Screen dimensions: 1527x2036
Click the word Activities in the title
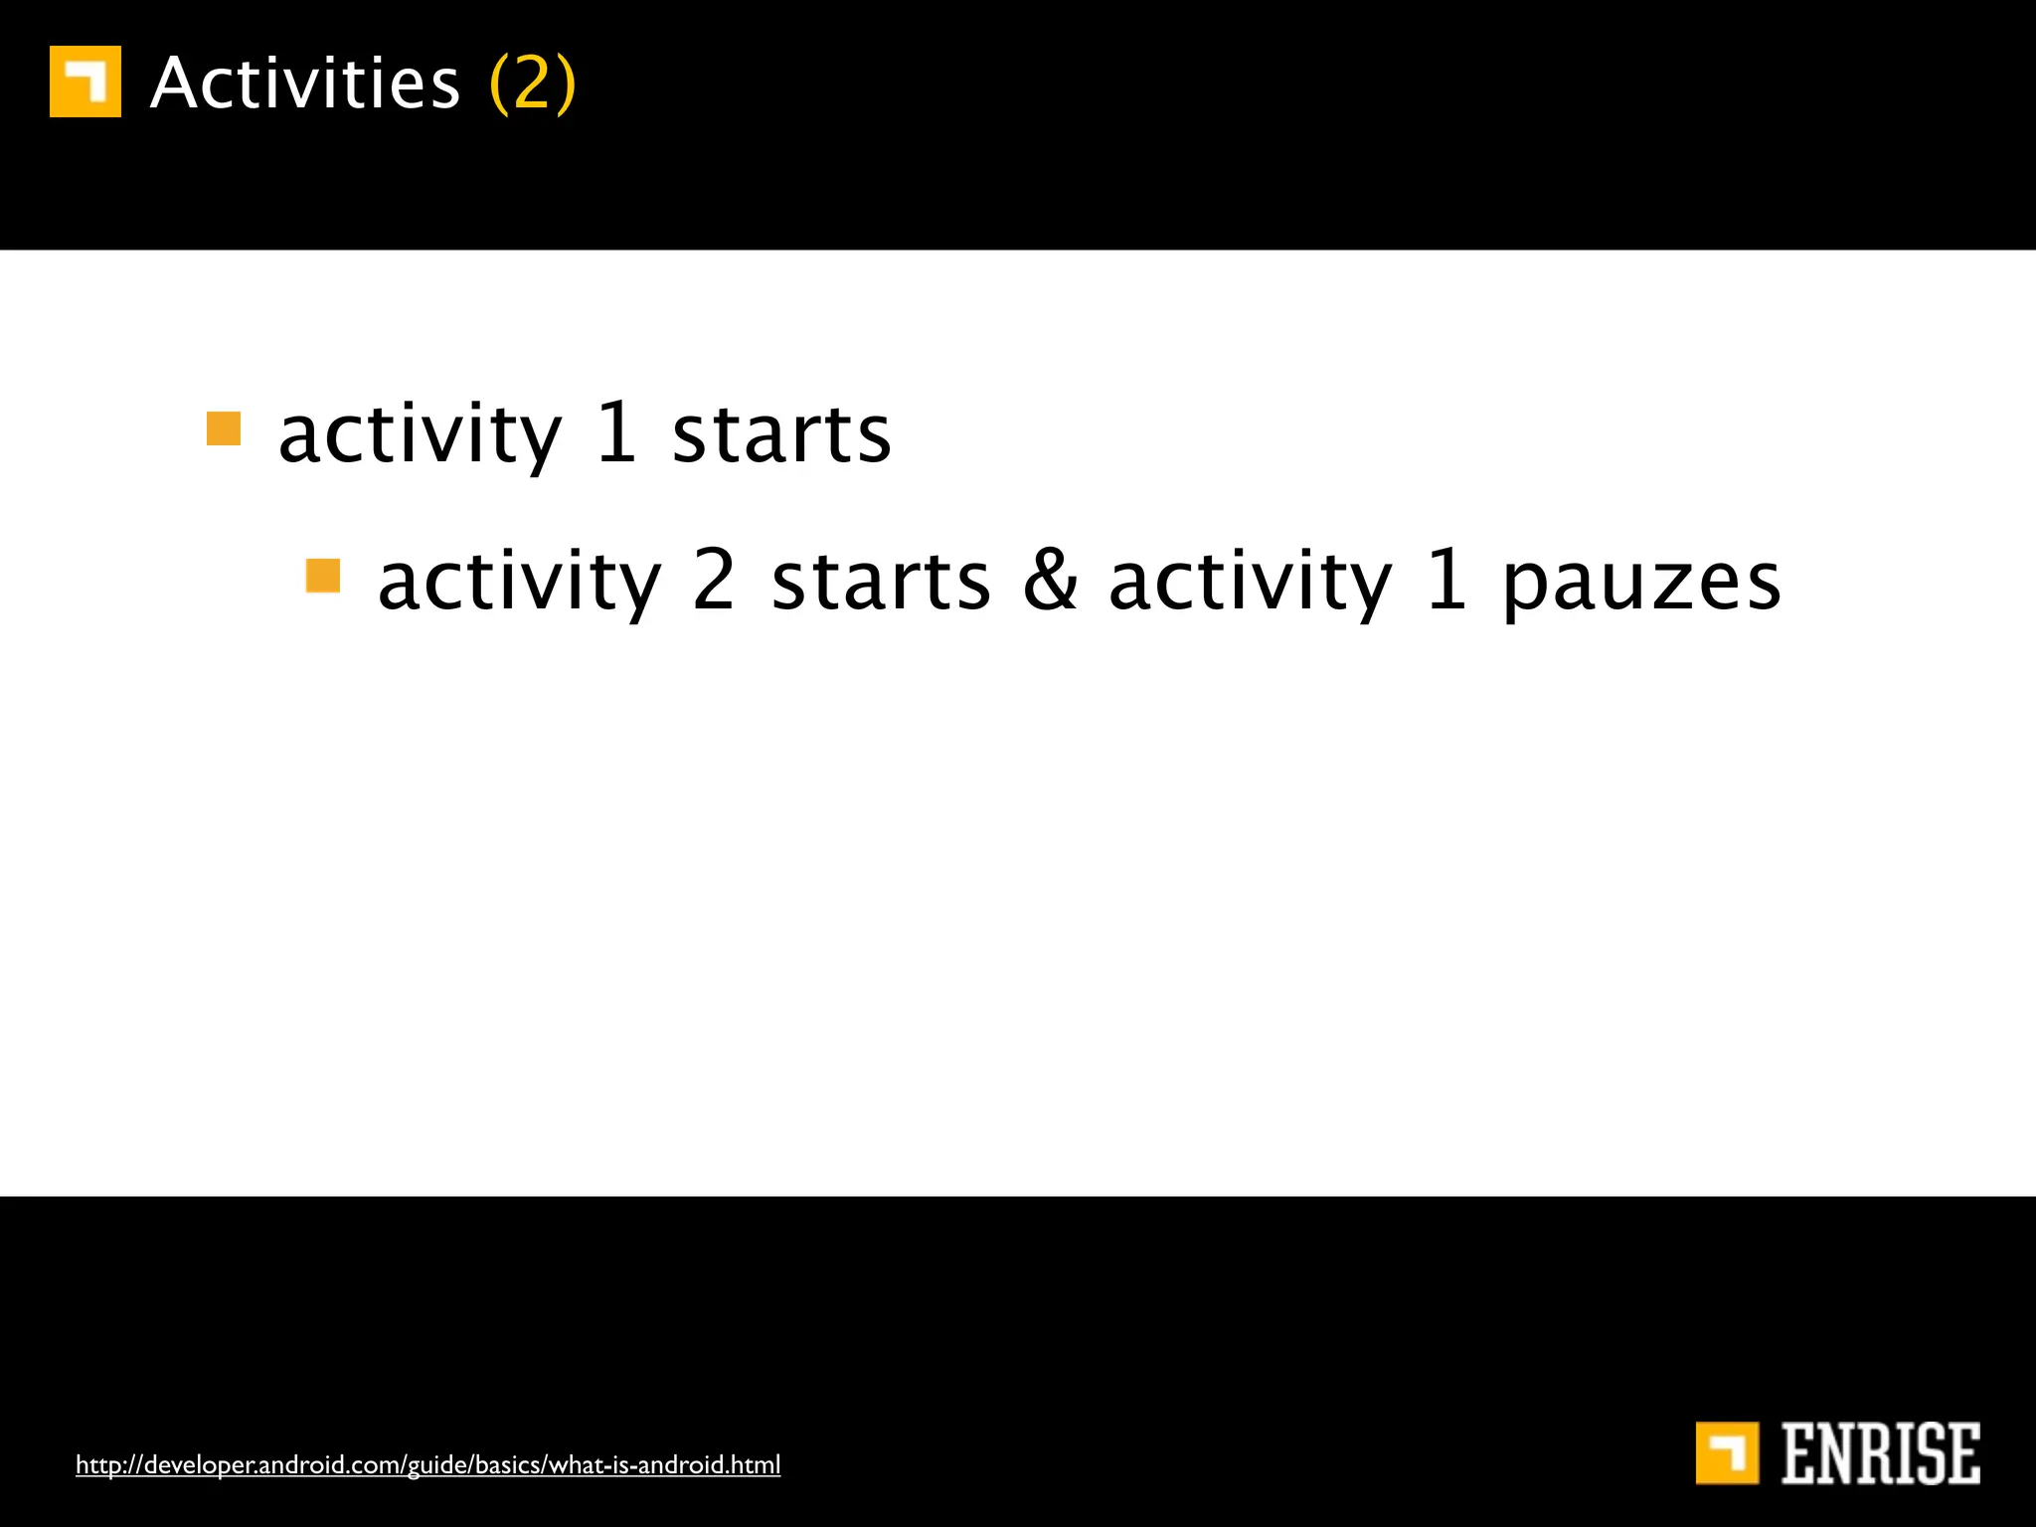click(x=305, y=84)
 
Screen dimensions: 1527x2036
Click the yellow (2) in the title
click(x=533, y=84)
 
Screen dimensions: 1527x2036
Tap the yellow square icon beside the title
click(x=85, y=82)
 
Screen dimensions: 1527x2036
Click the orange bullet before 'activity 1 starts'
click(x=224, y=429)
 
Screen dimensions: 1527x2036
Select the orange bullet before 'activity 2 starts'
click(x=323, y=576)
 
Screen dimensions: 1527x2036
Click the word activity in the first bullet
click(x=420, y=437)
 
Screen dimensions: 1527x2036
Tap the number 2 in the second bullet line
click(x=714, y=581)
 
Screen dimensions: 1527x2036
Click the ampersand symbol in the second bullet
click(x=1050, y=581)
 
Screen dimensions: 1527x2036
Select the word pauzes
click(x=1641, y=585)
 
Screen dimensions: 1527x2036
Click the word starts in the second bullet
click(x=881, y=583)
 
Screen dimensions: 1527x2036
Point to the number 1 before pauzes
click(x=1447, y=581)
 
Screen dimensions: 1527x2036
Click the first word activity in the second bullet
click(x=519, y=585)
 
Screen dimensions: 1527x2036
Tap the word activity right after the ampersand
click(x=1251, y=585)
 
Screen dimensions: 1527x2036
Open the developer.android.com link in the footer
click(x=427, y=1464)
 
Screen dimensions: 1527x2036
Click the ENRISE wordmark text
click(x=1880, y=1454)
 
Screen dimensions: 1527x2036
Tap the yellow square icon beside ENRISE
click(x=1727, y=1453)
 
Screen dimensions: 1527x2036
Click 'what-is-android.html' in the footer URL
click(x=664, y=1464)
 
